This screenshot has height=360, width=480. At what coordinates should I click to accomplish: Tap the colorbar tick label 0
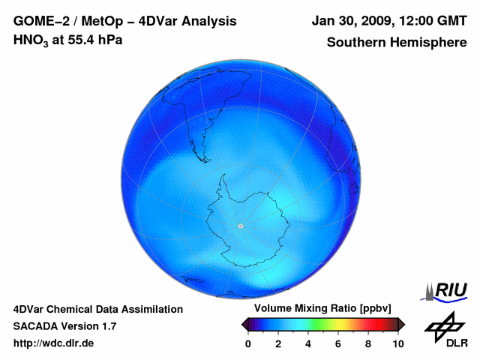(248, 343)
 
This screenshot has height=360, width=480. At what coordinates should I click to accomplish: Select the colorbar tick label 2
(278, 343)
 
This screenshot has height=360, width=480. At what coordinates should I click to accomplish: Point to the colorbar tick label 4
(308, 343)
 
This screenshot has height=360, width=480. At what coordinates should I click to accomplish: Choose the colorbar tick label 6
(338, 343)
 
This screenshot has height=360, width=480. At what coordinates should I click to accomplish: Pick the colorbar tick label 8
(368, 343)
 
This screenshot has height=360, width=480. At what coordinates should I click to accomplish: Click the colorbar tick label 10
(397, 343)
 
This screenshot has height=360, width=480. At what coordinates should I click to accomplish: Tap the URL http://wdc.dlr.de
(54, 343)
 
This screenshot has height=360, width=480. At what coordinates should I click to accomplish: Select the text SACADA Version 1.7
(64, 326)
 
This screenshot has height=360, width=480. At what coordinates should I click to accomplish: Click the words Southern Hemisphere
(397, 43)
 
